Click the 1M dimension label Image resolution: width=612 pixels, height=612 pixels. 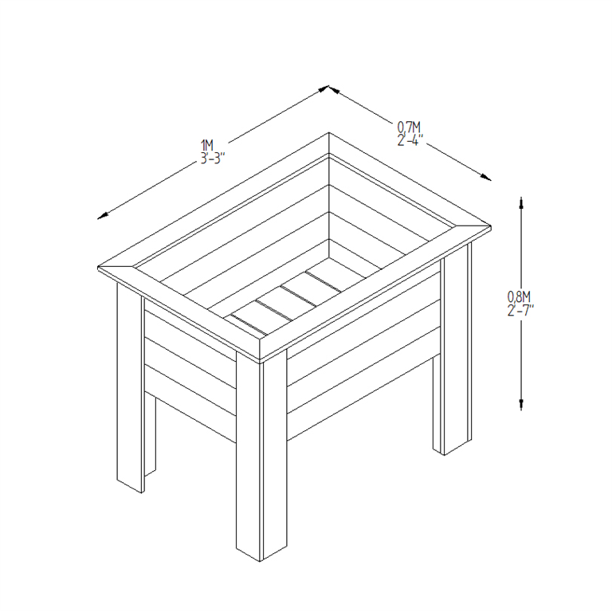207,145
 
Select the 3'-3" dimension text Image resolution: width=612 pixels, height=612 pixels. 213,157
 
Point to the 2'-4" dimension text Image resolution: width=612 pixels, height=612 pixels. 410,139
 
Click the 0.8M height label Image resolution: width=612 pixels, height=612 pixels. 519,298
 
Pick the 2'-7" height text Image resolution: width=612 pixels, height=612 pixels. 520,310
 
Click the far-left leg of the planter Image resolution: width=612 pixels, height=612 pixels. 131,390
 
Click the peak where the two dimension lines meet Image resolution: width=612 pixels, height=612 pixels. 328,88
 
